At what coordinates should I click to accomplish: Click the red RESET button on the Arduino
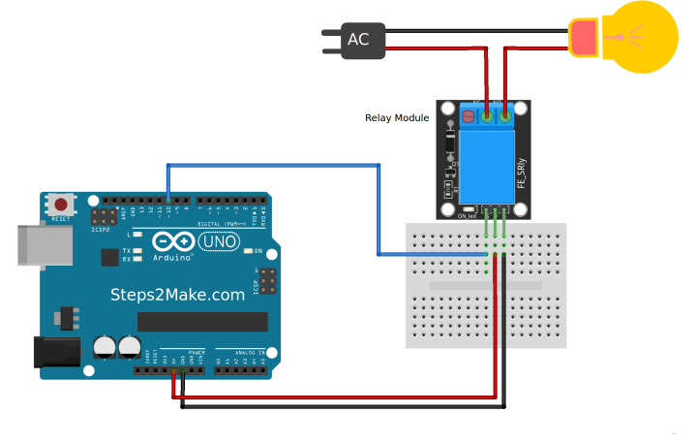coord(62,206)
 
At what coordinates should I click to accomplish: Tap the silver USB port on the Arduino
coord(36,246)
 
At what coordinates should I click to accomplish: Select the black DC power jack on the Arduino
coord(53,352)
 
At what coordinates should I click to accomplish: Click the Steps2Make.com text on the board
coord(177,295)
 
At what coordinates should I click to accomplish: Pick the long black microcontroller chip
coord(202,322)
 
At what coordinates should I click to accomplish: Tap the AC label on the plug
coord(358,40)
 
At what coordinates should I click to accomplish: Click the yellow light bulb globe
coord(640,37)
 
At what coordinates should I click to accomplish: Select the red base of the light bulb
coord(584,37)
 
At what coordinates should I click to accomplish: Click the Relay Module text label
coord(396,118)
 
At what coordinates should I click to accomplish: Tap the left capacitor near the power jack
coord(104,346)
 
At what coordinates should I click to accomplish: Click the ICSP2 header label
coord(100,229)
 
